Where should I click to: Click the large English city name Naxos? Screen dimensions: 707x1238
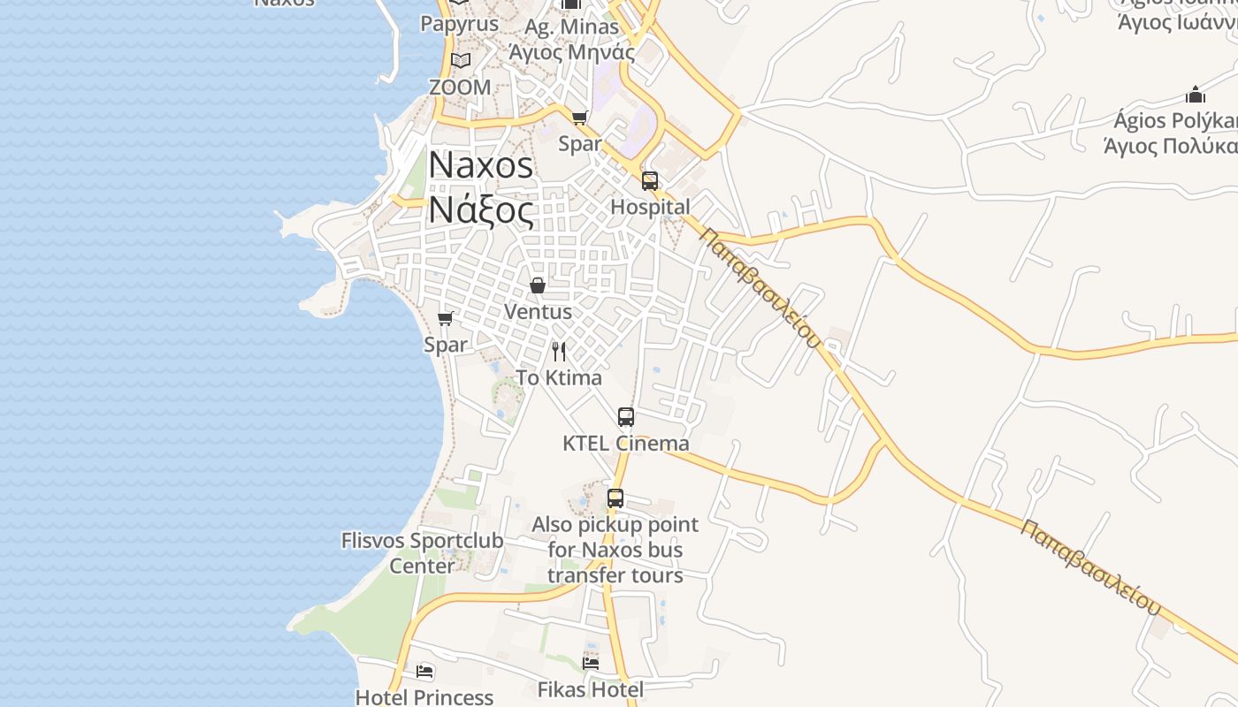(481, 165)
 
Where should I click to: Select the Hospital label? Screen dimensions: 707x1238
(651, 207)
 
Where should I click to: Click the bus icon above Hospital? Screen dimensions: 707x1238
(650, 181)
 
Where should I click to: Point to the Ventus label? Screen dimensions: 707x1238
(538, 312)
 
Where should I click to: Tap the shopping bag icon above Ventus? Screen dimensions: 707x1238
(537, 285)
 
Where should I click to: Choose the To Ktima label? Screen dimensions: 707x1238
(559, 378)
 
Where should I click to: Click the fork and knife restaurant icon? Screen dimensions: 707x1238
(559, 352)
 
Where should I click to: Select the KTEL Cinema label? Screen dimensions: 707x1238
(626, 444)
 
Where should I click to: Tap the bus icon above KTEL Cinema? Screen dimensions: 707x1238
(626, 417)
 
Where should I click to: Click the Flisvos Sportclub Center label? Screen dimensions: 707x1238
(422, 552)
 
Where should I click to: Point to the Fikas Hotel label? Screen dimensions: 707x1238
(591, 689)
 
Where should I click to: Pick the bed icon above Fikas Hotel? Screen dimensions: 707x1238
(591, 663)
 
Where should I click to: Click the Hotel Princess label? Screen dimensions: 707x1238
(424, 697)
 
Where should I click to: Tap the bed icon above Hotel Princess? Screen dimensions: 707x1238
(424, 672)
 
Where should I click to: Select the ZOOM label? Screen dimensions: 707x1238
(460, 87)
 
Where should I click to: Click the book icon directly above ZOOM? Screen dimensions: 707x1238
(460, 61)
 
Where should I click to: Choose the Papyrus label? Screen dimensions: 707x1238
(460, 24)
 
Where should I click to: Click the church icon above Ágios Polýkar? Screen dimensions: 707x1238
(1196, 95)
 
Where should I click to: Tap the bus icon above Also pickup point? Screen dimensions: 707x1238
(615, 498)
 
